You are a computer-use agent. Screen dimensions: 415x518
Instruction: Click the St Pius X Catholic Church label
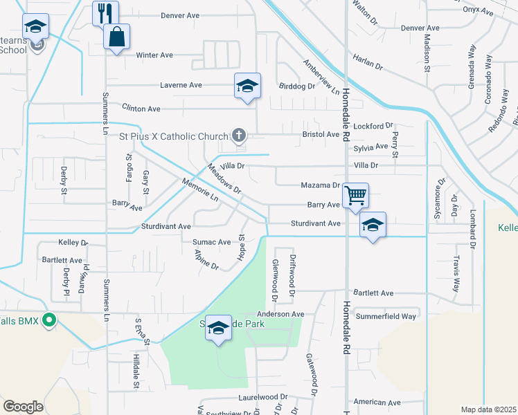click(x=174, y=136)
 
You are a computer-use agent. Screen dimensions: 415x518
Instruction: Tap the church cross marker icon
click(x=239, y=136)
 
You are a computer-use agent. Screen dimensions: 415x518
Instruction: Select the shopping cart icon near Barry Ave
click(x=355, y=195)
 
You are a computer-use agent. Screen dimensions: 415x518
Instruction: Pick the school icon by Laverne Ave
click(x=247, y=86)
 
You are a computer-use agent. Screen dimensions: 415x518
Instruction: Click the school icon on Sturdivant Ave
click(x=373, y=225)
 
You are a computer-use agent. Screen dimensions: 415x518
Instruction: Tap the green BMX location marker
click(x=48, y=320)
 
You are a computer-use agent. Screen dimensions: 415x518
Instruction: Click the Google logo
click(x=23, y=407)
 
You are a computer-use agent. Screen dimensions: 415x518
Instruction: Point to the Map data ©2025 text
click(x=488, y=409)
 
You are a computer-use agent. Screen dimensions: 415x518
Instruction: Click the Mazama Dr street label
click(x=320, y=185)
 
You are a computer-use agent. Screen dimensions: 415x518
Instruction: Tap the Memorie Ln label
click(x=199, y=190)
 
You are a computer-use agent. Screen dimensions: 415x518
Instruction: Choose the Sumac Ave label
click(x=215, y=242)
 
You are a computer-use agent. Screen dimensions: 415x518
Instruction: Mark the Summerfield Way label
click(x=386, y=316)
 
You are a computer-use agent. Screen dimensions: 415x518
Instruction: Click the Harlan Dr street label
click(x=367, y=62)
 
